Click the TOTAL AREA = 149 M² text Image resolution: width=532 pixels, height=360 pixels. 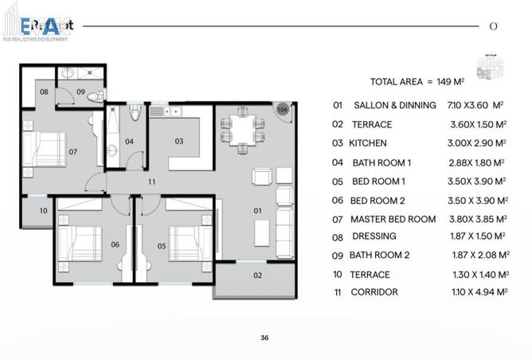[422, 81]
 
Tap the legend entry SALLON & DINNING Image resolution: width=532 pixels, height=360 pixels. [394, 105]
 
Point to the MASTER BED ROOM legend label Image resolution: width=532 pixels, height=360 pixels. [393, 219]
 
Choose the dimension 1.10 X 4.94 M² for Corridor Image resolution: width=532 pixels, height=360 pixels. [477, 292]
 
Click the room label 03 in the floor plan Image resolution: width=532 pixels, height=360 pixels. [179, 141]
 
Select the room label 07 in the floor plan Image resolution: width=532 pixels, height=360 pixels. [72, 151]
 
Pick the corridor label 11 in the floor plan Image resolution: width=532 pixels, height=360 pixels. [151, 182]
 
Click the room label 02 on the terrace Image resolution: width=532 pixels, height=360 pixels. [257, 276]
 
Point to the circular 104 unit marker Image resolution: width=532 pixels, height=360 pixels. [282, 109]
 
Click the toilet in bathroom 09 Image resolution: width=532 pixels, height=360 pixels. [95, 96]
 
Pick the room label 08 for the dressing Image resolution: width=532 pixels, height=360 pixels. [45, 92]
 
